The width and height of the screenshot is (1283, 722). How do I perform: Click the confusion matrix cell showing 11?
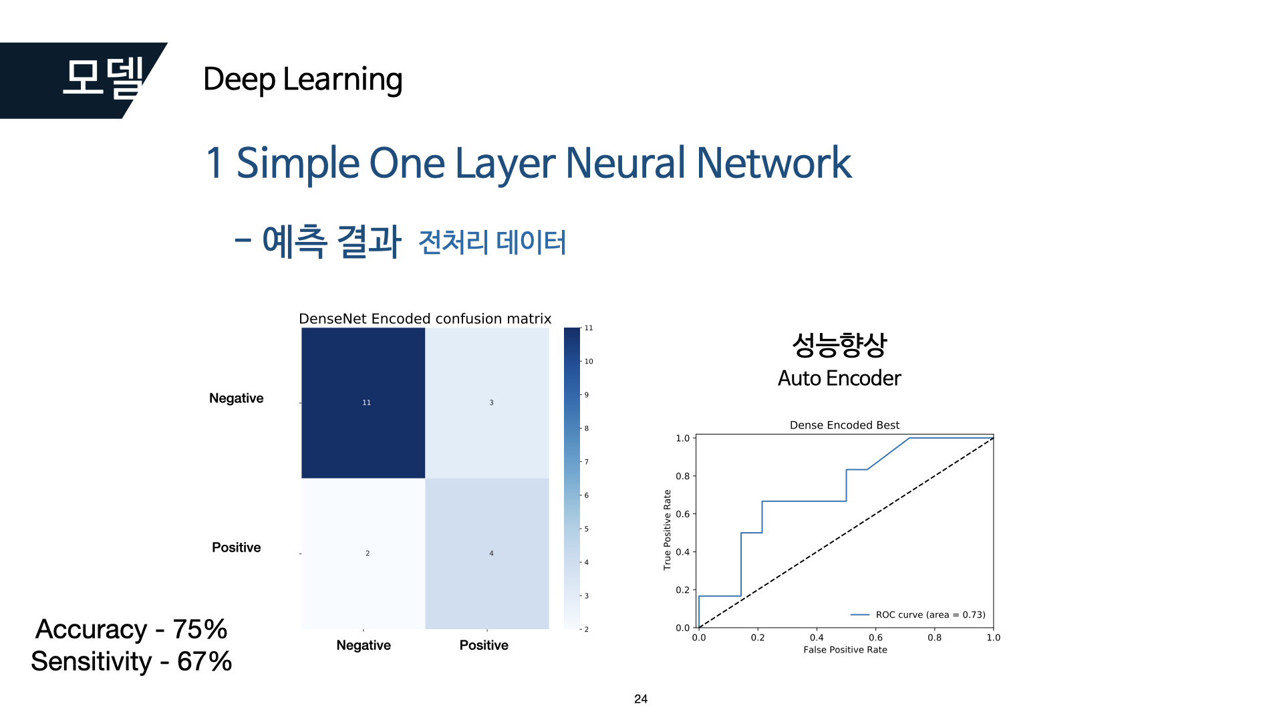click(x=364, y=403)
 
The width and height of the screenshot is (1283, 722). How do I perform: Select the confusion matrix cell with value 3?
click(x=487, y=403)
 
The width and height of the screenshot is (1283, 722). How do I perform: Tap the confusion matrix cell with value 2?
click(x=364, y=554)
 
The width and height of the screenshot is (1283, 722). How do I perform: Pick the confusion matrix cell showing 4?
click(x=487, y=554)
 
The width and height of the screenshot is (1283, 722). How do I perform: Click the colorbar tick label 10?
click(x=589, y=362)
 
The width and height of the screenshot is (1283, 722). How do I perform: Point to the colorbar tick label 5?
click(x=587, y=529)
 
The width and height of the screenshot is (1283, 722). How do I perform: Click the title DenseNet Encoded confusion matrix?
click(x=425, y=319)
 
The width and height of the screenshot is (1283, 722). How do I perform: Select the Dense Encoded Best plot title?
click(x=844, y=425)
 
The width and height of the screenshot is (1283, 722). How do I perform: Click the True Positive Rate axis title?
click(x=667, y=530)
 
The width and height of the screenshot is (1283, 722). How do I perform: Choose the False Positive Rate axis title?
click(x=845, y=650)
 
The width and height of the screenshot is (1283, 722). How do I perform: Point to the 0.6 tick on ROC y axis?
click(x=682, y=514)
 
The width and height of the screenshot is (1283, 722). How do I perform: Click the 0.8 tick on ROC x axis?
click(x=934, y=638)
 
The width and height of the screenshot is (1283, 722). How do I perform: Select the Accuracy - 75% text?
click(x=131, y=629)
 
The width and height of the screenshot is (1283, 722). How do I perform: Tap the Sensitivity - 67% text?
click(x=131, y=662)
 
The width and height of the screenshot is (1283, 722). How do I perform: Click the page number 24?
click(x=641, y=699)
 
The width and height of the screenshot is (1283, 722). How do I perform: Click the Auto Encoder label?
click(x=839, y=378)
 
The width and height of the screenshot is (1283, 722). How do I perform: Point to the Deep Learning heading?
click(x=302, y=80)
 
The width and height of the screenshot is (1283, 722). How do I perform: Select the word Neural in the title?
click(x=625, y=163)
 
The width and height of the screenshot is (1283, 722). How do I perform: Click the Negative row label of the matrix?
click(x=236, y=398)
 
